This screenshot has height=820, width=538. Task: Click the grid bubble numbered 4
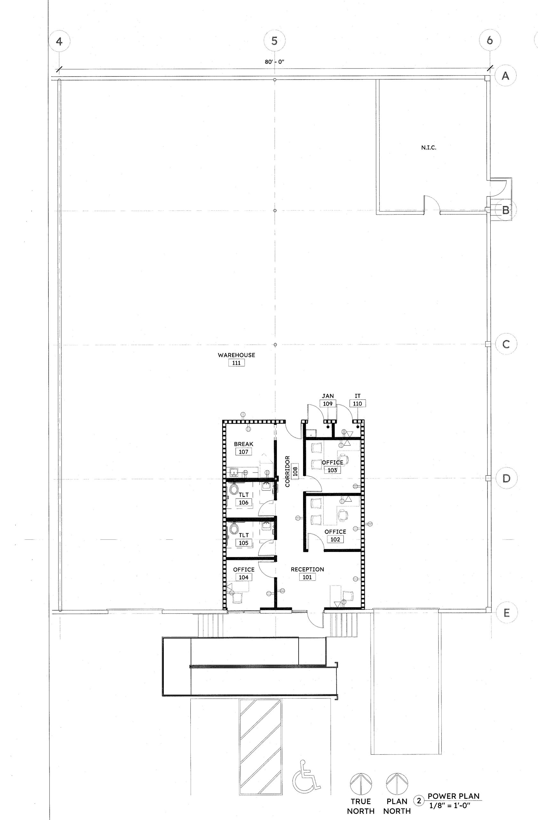click(x=59, y=41)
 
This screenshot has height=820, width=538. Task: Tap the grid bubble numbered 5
click(x=274, y=41)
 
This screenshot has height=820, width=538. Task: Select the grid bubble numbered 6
click(x=489, y=41)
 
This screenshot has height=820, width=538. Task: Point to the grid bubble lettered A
click(x=505, y=76)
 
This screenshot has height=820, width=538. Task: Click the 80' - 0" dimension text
click(x=274, y=62)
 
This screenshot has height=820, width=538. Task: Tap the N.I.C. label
click(x=429, y=148)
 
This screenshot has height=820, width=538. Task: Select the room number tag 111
click(x=237, y=363)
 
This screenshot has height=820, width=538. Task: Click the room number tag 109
click(x=328, y=404)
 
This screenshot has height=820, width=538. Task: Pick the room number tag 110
click(x=357, y=404)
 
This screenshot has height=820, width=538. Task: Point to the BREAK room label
click(x=243, y=444)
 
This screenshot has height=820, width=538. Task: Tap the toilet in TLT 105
click(x=234, y=529)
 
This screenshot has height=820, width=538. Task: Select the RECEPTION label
click(x=307, y=570)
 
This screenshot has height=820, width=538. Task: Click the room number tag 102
click(x=335, y=539)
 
